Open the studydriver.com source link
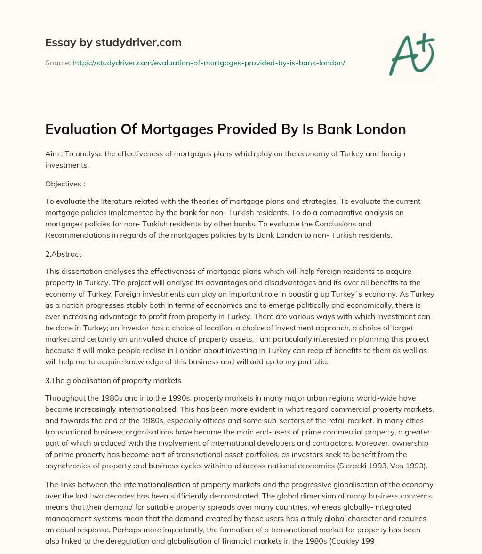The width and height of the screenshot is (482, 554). tap(209, 63)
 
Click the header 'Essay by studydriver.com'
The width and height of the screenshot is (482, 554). tap(113, 42)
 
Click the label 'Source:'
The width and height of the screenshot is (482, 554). tap(57, 63)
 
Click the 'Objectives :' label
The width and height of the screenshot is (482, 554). tap(65, 184)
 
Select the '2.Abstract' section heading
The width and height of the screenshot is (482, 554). tap(63, 254)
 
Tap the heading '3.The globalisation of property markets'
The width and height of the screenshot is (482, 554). tap(113, 380)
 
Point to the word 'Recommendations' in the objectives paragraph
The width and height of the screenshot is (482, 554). tap(73, 235)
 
